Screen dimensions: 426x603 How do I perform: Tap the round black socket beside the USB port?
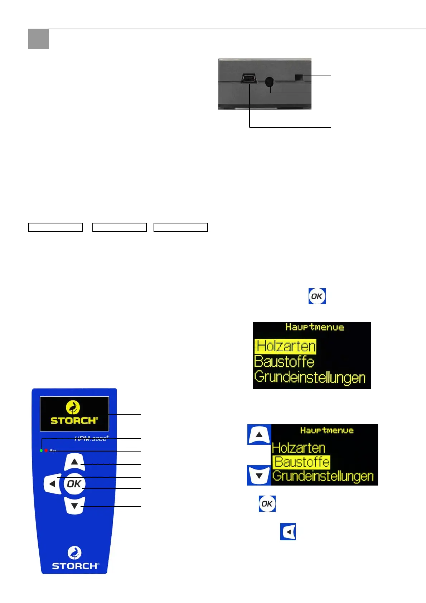coord(269,82)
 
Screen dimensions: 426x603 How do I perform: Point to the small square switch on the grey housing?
coord(299,77)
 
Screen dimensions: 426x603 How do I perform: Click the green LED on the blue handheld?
coord(41,450)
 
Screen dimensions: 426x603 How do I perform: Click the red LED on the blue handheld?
coord(46,450)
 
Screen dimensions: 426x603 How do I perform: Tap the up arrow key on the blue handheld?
coord(74,462)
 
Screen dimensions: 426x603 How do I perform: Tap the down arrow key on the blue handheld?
coord(74,506)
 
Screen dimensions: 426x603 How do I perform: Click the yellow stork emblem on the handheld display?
coord(73,407)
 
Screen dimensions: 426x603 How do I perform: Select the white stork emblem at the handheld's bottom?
coord(74,553)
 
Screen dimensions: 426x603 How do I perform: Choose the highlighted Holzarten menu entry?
coord(285,346)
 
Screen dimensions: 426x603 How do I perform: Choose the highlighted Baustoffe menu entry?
coord(301,462)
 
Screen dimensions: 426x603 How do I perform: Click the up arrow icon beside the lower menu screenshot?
coord(259,435)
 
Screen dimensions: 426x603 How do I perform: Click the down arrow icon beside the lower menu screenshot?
coord(259,476)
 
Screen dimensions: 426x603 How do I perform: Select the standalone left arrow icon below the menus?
coord(288,532)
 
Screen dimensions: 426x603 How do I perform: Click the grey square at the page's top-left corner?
coord(38,39)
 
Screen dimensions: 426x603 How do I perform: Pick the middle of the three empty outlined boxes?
coord(120,227)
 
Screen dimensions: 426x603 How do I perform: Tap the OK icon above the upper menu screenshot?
coord(317,296)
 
